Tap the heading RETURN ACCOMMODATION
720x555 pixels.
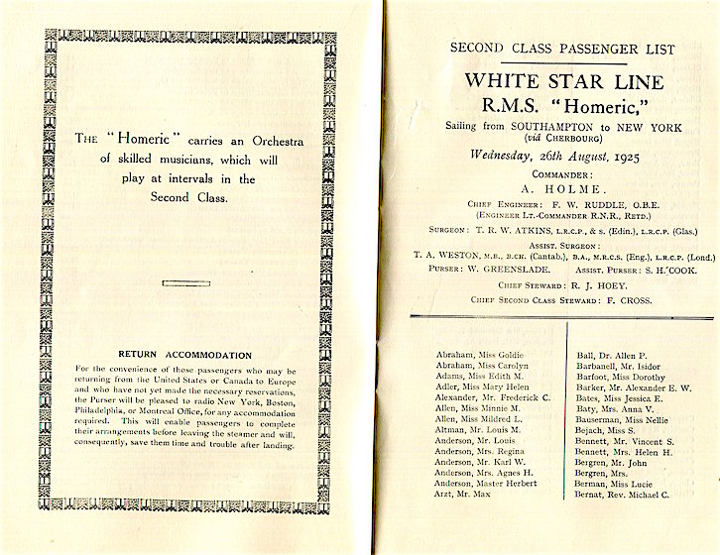click(x=184, y=354)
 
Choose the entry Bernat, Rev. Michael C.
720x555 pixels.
click(x=623, y=521)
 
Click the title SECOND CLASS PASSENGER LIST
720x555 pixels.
click(x=562, y=49)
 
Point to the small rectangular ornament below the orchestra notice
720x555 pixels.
click(x=185, y=283)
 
